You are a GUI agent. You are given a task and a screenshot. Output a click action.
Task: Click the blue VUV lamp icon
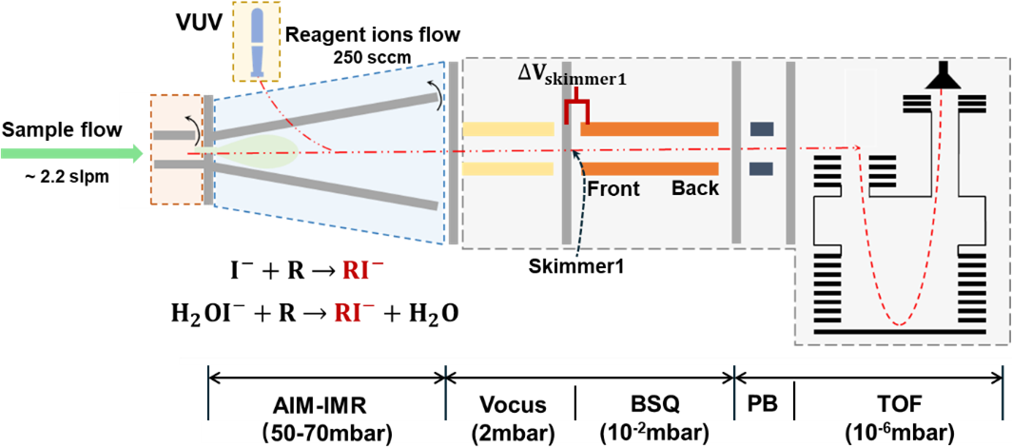(256, 41)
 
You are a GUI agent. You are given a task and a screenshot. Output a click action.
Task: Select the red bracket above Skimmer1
(576, 111)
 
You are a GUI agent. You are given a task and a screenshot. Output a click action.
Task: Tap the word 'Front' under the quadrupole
(612, 188)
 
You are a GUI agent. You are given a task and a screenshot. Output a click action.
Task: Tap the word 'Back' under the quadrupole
(695, 188)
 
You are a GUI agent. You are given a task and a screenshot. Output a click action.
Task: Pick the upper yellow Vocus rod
(509, 128)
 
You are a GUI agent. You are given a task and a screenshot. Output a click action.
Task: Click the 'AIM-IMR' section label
(325, 405)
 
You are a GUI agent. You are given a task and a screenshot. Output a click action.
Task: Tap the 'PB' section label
(763, 405)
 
